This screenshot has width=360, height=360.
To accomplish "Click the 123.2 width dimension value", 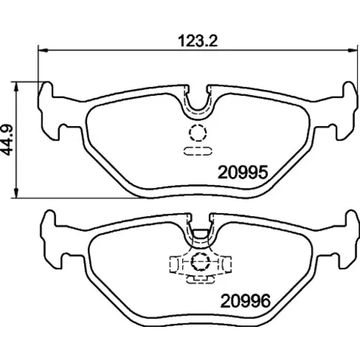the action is coord(198,41).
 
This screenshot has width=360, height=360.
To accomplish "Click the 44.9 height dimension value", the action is coord(7,140).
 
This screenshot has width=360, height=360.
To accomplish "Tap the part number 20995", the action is coord(243,172).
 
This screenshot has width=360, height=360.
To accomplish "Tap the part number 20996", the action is coord(246,301).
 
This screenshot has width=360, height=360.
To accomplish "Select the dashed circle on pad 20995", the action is coord(197,132).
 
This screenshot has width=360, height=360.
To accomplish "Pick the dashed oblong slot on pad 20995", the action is coord(198,151).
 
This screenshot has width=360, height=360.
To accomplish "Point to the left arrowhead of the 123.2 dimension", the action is coord(43,50).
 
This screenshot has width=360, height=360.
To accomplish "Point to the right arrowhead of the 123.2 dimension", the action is coord(352,50).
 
